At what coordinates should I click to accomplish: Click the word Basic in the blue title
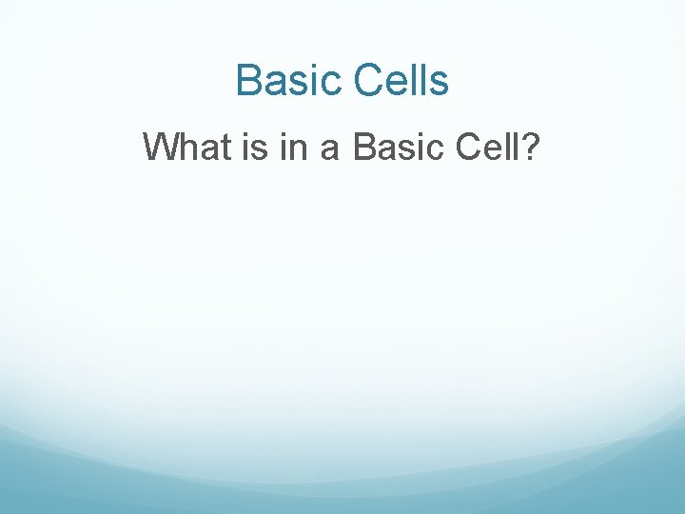[289, 81]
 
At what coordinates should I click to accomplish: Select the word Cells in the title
[401, 81]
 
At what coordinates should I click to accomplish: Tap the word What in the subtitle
[186, 147]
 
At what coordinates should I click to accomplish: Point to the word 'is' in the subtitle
[254, 147]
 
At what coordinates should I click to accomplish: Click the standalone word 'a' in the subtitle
[331, 149]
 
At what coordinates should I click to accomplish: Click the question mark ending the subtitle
[530, 147]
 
